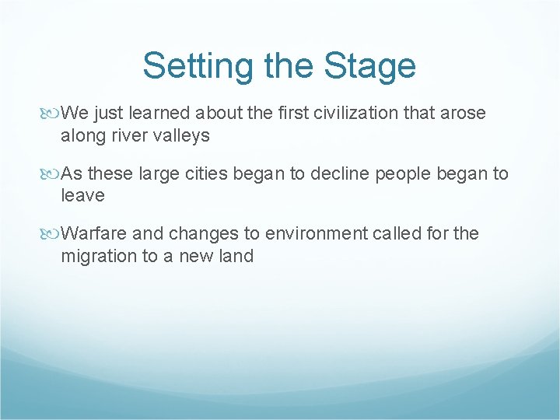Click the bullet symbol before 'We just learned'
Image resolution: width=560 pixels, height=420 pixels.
[52, 114]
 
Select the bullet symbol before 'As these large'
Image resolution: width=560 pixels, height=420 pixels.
[52, 173]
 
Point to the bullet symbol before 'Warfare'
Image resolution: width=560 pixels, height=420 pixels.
[52, 233]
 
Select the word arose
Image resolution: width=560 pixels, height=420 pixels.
[464, 113]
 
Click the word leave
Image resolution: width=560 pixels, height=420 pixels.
[82, 195]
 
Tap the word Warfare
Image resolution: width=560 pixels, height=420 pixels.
[95, 233]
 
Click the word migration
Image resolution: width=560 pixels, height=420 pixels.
[98, 255]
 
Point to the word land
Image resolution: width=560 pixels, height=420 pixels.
[236, 255]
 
